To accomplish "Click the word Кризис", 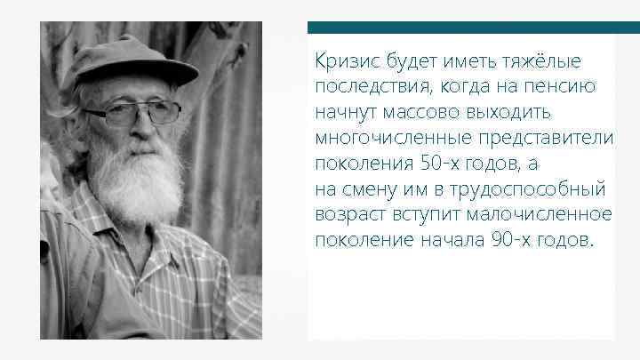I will (x=340, y=60).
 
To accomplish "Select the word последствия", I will (x=359, y=87).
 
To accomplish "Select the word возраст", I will (x=345, y=216).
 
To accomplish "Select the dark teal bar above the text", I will (x=460, y=28).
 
